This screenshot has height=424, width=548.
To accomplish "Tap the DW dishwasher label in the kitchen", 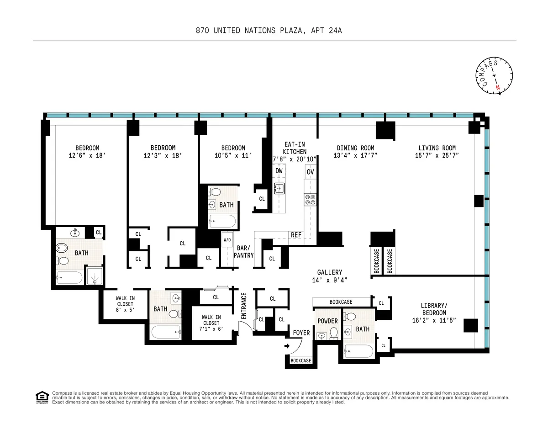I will (x=279, y=171).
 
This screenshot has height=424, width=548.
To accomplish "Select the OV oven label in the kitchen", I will (x=311, y=172).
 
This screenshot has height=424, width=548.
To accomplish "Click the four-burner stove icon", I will (x=311, y=200).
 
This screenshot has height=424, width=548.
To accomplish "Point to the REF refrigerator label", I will (x=296, y=235).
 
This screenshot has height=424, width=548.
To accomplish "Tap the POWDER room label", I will (x=327, y=321).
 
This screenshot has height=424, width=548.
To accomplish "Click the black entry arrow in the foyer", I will (x=286, y=346).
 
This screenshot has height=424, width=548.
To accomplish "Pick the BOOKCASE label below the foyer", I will (x=301, y=360).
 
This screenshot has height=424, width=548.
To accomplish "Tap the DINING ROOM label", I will (x=355, y=148).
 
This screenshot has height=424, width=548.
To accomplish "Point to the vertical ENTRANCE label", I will (x=244, y=305).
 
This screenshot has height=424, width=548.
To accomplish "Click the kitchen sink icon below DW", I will (x=279, y=188).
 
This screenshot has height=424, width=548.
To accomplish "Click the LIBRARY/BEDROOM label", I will (x=433, y=309).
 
